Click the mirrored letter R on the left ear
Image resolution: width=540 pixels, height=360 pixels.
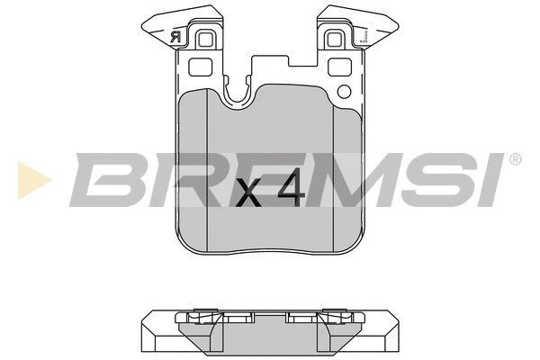[173, 37]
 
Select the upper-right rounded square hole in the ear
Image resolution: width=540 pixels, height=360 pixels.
[337, 40]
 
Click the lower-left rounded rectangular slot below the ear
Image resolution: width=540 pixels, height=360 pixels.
[199, 66]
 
